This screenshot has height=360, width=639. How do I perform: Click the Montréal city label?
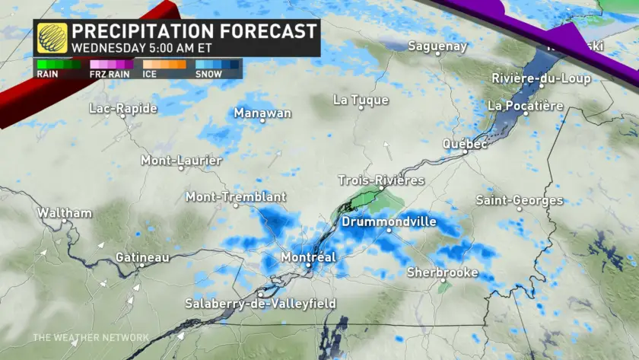pos(308,257)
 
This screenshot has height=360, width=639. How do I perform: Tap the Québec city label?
pos(465,144)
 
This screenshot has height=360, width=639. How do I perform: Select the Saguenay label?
pos(437,46)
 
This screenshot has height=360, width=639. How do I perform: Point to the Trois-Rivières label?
pos(381,180)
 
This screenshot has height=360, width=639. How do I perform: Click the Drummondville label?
pos(389,221)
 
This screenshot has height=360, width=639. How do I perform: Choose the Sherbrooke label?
pos(442,272)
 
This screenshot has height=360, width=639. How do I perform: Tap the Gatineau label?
pos(142,258)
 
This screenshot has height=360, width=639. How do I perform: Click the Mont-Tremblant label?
pos(236,197)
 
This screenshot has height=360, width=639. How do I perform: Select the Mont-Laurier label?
pos(181,161)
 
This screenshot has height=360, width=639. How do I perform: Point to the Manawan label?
pos(262,113)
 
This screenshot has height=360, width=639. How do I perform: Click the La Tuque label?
pos(361,100)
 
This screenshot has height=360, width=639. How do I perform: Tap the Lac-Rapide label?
pos(122,109)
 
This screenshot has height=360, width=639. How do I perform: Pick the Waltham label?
pos(65,213)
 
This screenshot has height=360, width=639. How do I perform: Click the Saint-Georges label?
pos(520,200)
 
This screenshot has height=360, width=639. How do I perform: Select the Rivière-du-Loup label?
pos(541,78)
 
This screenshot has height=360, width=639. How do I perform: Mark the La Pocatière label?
pos(526,106)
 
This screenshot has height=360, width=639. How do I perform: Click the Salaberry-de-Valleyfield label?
pos(260,304)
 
